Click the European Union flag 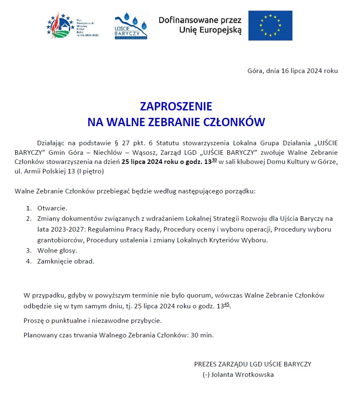pos(270,26)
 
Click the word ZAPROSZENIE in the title pos(176,106)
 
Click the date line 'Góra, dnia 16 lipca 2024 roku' pos(292,71)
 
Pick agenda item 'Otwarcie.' pos(52,208)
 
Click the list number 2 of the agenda pos(29,219)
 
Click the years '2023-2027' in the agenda pos(62,229)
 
